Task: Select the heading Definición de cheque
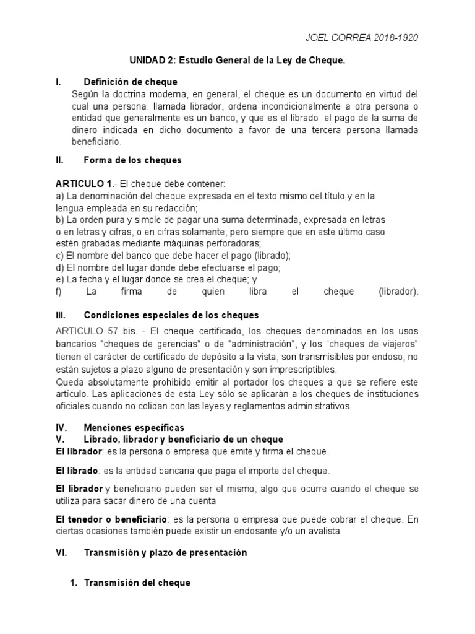(131, 82)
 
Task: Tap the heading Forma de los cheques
(132, 160)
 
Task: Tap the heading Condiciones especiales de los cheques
(171, 315)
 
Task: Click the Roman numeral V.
(59, 439)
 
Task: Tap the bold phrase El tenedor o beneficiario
(111, 518)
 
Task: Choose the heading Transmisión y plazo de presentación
(165, 553)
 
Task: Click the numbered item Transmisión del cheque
(137, 583)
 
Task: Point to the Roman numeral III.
(60, 315)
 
